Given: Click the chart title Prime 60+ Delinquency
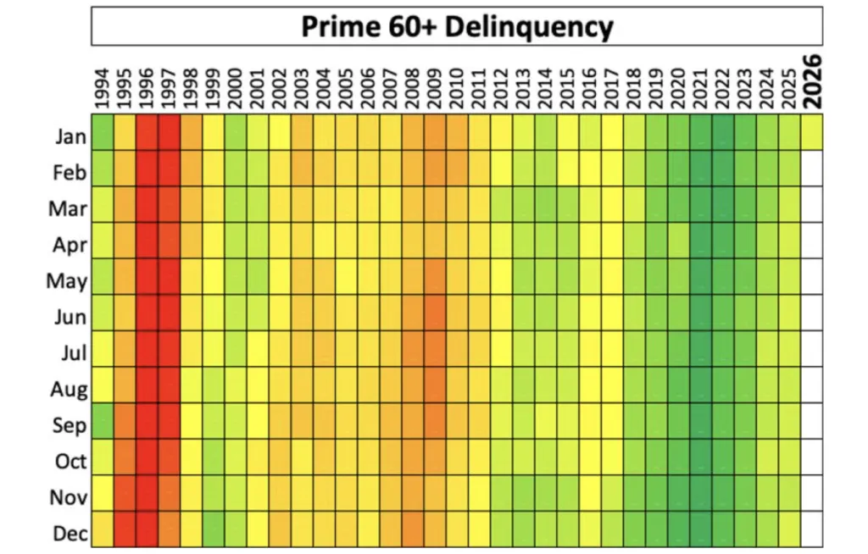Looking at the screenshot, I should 457,26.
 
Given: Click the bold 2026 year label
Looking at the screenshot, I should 812,81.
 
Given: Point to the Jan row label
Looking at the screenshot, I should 71,137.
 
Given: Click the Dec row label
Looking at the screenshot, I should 70,534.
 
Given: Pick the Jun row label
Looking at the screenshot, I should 70,318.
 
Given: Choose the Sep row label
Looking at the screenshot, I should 70,425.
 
